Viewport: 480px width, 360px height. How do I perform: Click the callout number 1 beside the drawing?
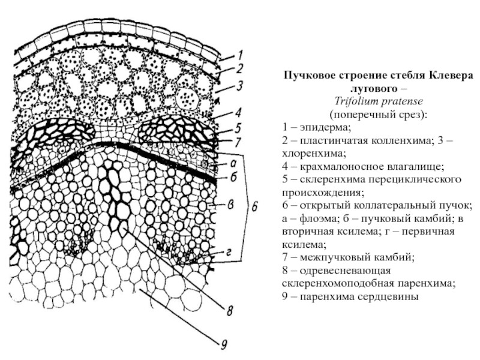(x=238, y=53)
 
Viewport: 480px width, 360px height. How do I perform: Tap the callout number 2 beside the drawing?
(x=239, y=69)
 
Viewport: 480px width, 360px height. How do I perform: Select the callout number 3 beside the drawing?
(x=239, y=86)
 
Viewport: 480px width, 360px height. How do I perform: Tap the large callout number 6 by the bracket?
(x=254, y=207)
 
